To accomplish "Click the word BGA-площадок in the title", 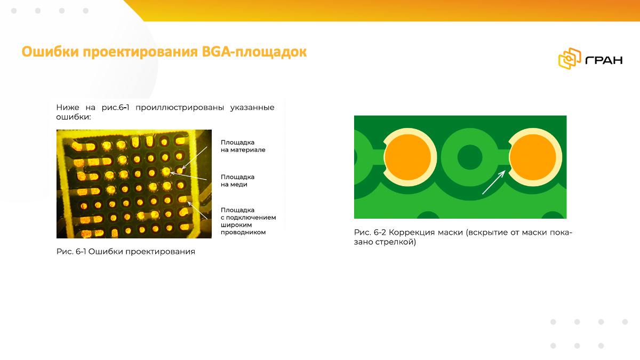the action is point(254,52).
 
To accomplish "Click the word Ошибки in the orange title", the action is point(50,52).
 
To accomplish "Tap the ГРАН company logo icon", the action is point(570,59).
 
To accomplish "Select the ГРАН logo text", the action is point(604,60).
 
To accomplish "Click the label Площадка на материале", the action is point(243,146).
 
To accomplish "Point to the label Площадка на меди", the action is point(237,181).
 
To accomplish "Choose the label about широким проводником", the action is point(249,221).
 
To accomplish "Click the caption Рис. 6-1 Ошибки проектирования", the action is point(126,251).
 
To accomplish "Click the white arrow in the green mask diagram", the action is point(494,182).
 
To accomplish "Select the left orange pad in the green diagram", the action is point(407,157).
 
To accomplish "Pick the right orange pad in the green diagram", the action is point(533,157).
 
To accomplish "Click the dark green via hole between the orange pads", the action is point(470,157).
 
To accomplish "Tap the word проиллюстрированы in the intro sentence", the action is point(180,107).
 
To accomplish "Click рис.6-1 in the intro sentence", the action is point(115,107).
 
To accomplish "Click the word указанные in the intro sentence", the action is point(252,107).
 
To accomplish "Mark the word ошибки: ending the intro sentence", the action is point(74,117).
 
